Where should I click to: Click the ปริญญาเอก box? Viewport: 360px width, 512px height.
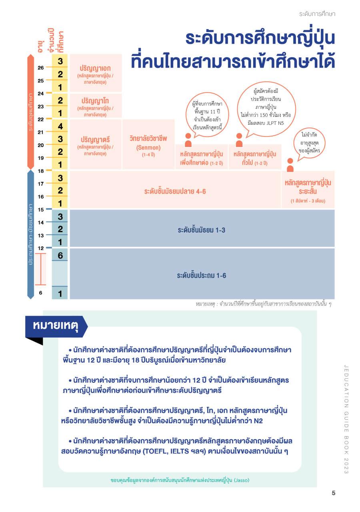(95, 73)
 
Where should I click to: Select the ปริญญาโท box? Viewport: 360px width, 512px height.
(95, 106)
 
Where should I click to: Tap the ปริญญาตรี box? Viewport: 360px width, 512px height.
(95, 144)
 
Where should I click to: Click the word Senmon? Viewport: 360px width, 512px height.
(148, 147)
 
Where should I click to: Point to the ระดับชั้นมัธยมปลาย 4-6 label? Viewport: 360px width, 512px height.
(175, 191)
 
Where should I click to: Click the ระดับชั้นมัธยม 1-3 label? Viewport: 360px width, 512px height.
(202, 230)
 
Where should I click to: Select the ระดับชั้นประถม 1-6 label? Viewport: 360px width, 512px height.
(202, 275)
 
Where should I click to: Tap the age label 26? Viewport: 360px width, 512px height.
(41, 68)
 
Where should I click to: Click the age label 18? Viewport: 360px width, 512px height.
(41, 171)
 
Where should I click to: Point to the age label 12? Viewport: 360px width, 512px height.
(41, 248)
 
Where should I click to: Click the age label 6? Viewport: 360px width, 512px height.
(41, 293)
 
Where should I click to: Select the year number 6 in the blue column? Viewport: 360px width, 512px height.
(60, 255)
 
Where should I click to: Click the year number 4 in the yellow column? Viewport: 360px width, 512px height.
(60, 126)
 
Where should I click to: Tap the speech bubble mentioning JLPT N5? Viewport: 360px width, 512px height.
(266, 104)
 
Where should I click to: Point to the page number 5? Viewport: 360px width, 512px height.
(333, 493)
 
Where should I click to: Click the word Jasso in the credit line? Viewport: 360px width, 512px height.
(241, 480)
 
